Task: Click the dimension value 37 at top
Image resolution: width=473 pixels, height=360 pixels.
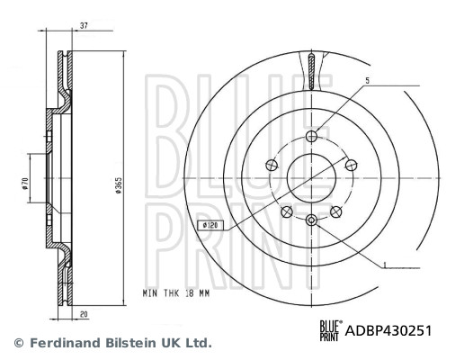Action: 82,25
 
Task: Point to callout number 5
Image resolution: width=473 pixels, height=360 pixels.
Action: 367,81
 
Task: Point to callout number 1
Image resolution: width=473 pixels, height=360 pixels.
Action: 385,264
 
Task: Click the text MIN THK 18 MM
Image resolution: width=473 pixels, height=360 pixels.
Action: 176,293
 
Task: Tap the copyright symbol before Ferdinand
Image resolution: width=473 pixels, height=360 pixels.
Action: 17,343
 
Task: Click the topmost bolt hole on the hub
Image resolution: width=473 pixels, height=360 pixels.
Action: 311,136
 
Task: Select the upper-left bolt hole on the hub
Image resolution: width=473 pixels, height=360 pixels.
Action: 269,166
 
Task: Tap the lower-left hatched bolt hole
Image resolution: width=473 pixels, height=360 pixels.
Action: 286,211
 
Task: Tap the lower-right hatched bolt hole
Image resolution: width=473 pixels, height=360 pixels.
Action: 337,211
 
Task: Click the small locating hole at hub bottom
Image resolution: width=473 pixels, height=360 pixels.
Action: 311,220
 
